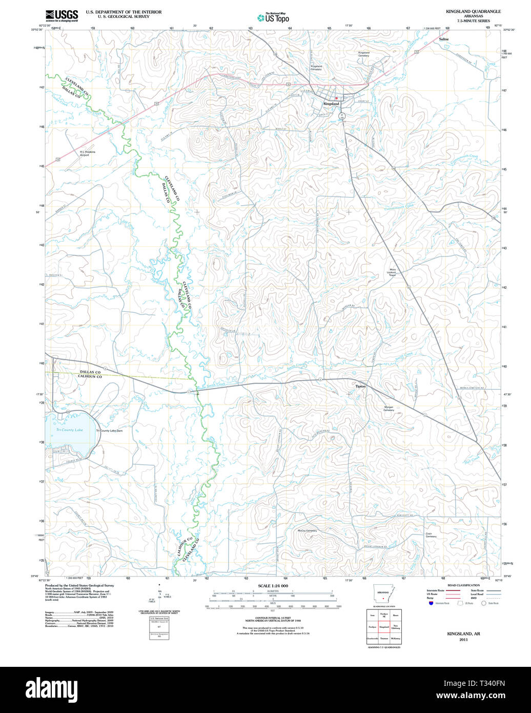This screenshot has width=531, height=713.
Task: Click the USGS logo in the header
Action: coord(62,15)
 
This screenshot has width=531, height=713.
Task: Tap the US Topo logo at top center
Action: coord(273,17)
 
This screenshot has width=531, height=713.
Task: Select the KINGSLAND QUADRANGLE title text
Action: coord(473,11)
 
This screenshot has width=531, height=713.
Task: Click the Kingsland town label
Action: coord(331,104)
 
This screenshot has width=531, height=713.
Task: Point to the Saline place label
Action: coord(443,39)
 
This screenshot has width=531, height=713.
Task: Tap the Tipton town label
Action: coord(361,386)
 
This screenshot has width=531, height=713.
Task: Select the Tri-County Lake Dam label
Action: coord(109,430)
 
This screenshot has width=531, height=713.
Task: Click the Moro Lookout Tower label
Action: coord(393,272)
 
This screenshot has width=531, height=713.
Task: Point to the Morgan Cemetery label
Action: coord(389,408)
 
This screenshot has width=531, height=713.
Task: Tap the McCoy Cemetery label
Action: coord(307,531)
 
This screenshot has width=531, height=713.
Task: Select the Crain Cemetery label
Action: coord(431,534)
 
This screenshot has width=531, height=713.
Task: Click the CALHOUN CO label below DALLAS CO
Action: coord(90,377)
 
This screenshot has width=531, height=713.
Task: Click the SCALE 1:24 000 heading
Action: coord(273,586)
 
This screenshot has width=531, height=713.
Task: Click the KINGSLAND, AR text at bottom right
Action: coord(463,634)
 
